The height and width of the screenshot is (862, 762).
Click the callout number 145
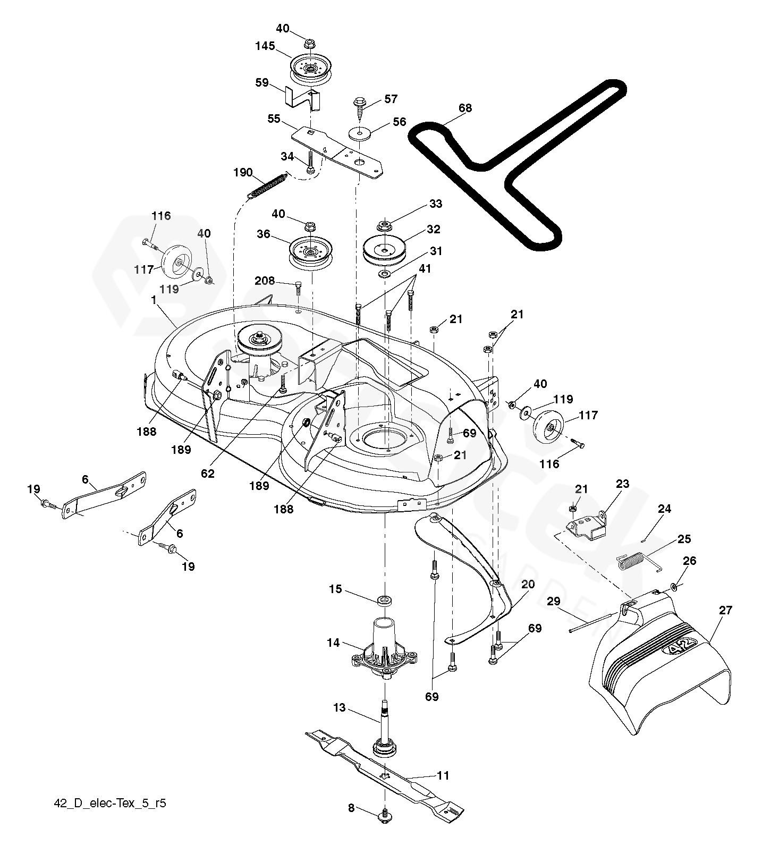(265, 46)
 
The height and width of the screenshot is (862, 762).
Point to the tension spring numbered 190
(268, 185)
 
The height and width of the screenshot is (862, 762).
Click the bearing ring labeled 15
(385, 601)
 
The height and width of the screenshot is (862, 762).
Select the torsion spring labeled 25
(639, 562)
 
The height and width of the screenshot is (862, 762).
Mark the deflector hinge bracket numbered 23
(586, 527)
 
